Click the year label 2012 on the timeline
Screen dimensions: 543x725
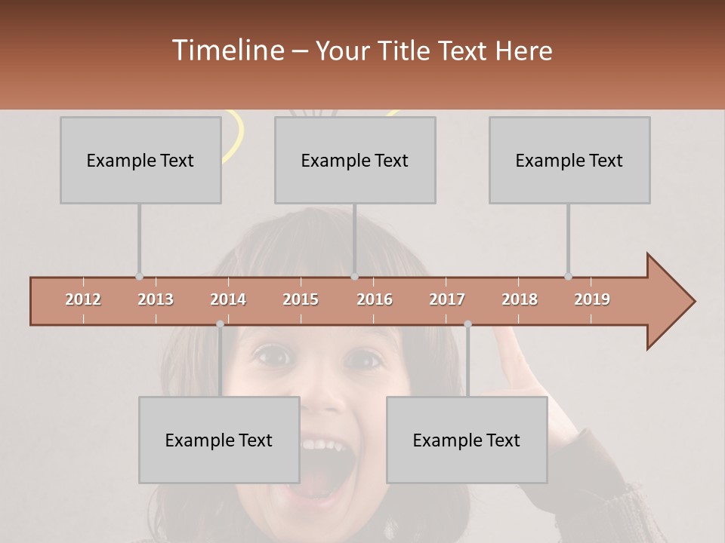click(83, 299)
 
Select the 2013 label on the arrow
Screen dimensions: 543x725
click(156, 299)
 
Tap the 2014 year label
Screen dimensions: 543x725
click(228, 299)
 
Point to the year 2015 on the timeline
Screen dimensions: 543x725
click(301, 299)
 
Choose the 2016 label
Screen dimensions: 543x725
click(375, 299)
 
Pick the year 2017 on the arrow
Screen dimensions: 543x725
click(447, 299)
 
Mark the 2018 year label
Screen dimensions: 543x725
click(520, 299)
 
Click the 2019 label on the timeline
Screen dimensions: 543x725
click(592, 299)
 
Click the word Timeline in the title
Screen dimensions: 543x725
click(227, 51)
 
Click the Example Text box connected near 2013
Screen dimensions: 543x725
click(140, 160)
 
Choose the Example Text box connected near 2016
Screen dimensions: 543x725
click(355, 160)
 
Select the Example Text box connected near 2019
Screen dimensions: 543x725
click(569, 160)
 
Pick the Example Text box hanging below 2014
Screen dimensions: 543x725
click(219, 440)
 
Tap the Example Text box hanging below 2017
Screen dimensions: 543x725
click(467, 440)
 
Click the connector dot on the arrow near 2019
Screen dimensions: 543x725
click(568, 276)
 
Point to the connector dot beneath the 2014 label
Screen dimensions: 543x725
click(220, 324)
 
